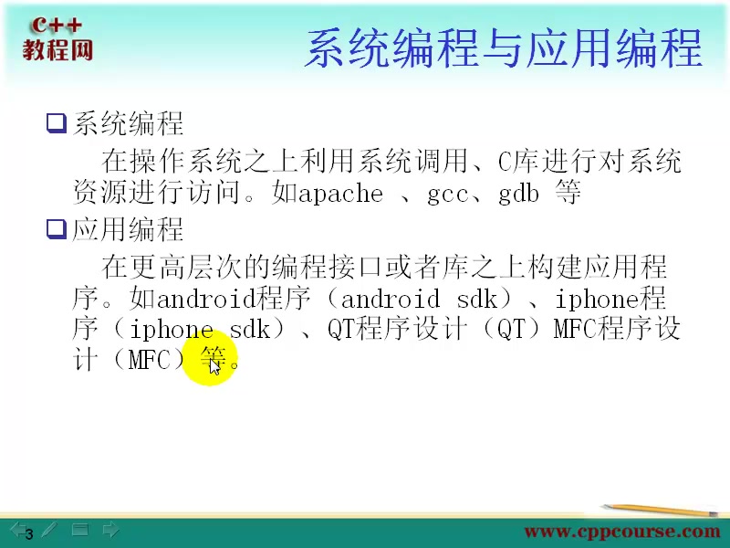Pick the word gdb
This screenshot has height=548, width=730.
[518, 194]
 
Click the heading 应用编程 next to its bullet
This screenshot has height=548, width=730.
[128, 228]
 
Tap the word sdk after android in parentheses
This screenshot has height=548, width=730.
[474, 299]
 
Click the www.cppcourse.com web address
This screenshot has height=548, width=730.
[621, 531]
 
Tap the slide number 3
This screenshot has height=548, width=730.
[28, 534]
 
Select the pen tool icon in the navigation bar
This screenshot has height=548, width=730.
[48, 529]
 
